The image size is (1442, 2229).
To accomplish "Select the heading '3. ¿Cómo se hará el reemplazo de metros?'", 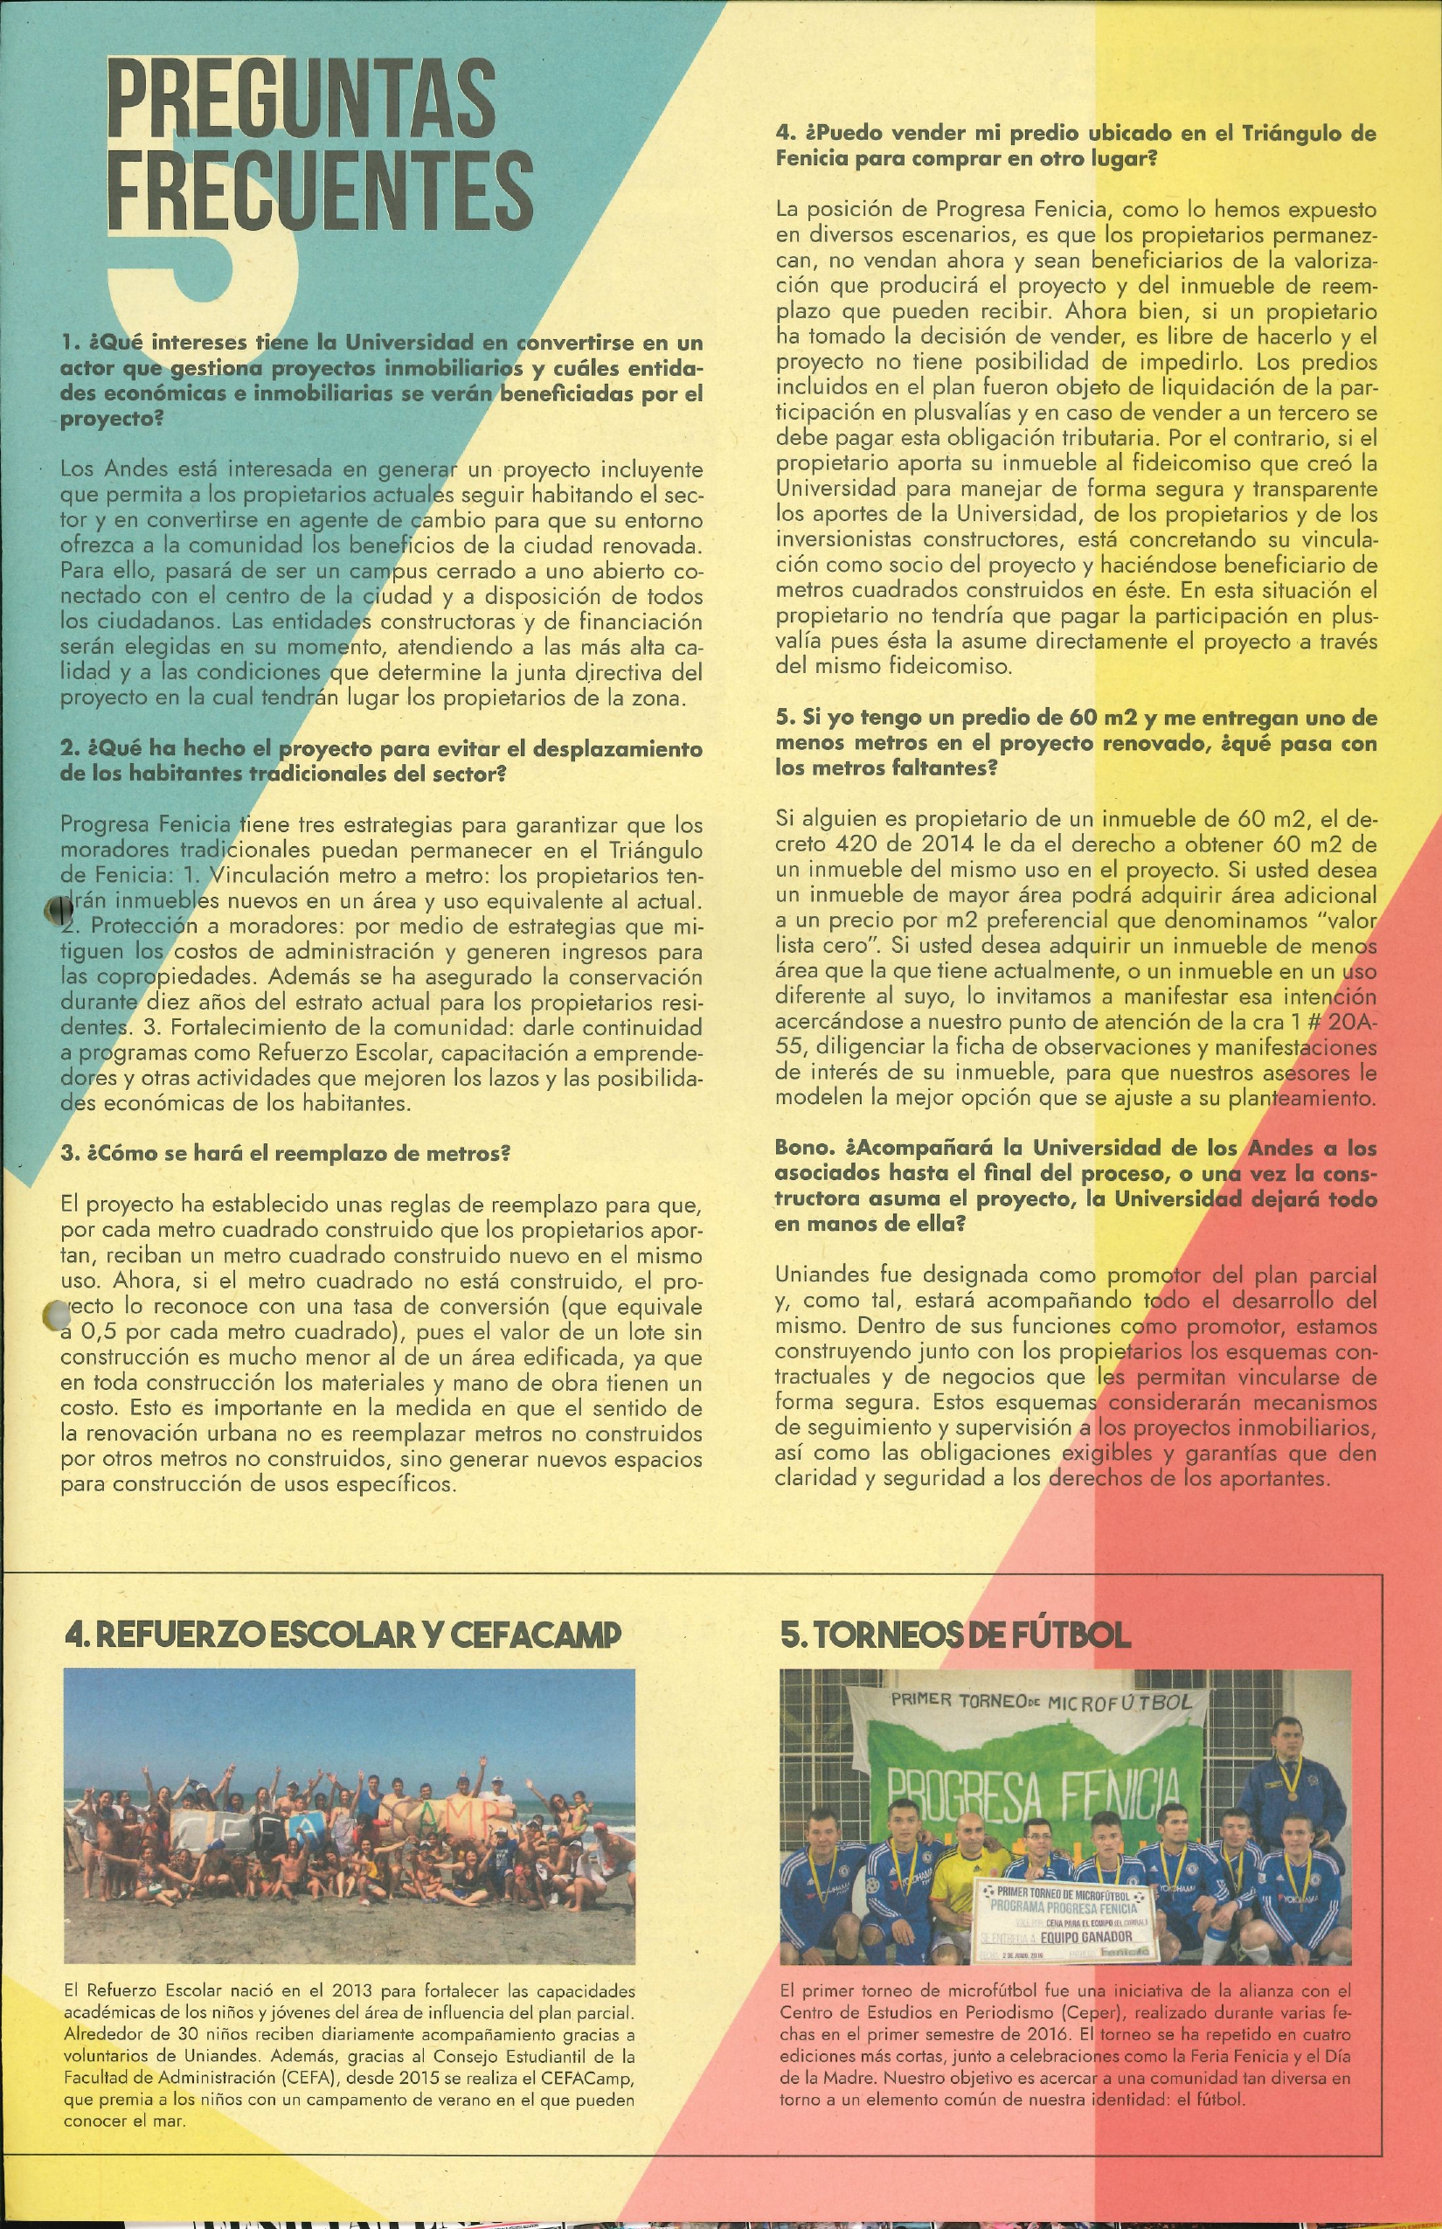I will [286, 1153].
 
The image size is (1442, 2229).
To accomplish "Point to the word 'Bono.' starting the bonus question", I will [802, 1147].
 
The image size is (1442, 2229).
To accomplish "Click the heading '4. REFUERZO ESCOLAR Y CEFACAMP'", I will [343, 1635].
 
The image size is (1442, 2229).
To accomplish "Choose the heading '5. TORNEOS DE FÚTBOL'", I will [955, 1635].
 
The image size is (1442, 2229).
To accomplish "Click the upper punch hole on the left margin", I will [58, 908].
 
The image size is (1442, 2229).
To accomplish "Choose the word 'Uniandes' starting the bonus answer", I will [817, 1274].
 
